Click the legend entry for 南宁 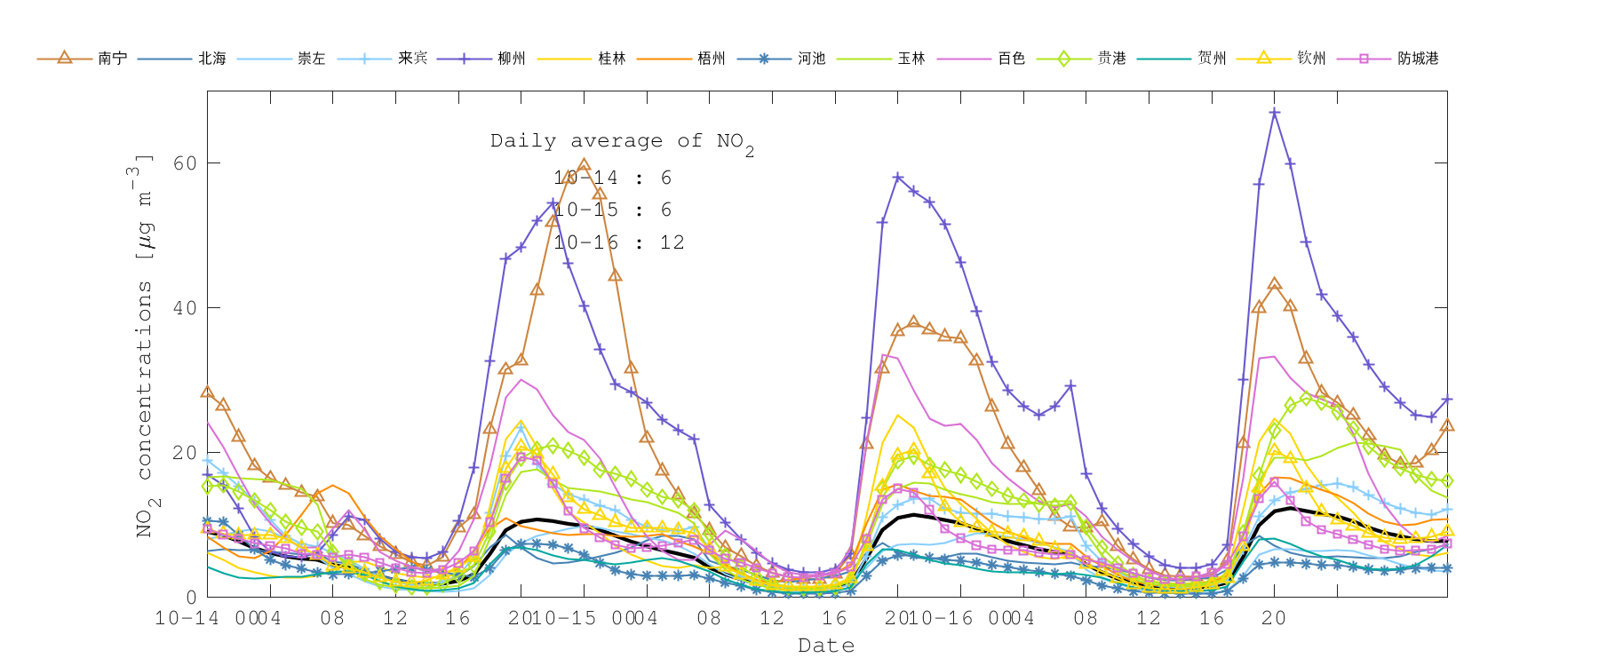coord(112,59)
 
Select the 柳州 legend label coord(512,59)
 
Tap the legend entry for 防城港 coord(1418,59)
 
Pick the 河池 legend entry coord(811,59)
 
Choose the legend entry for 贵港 coord(1111,59)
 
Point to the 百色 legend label coord(1011,59)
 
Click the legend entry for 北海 coord(211,59)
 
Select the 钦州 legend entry coord(1311,59)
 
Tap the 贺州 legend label coord(1212,59)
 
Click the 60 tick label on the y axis coord(185,163)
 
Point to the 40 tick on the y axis coord(185,308)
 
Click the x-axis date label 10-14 coord(187,618)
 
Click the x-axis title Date coord(826,646)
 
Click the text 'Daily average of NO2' coord(622,142)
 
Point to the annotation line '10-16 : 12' coord(619,242)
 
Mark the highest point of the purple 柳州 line coord(1274,113)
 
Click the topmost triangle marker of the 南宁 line coord(584,165)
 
